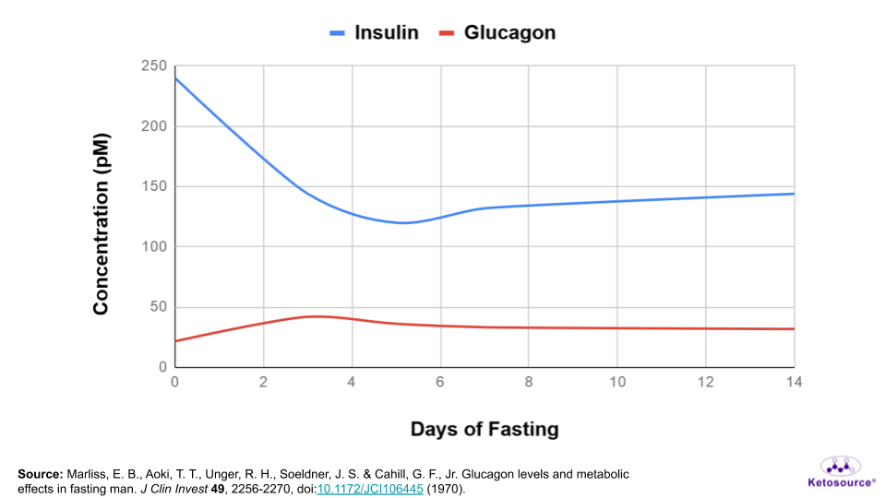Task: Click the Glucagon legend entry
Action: pos(497,33)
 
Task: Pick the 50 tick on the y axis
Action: pos(158,307)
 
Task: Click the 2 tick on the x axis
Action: pos(263,382)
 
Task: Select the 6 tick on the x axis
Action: pos(440,382)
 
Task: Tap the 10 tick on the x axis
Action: pos(617,382)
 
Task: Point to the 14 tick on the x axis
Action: pos(794,382)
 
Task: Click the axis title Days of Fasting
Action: pos(485,429)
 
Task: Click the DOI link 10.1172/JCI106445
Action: pos(370,489)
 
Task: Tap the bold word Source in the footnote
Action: pos(41,474)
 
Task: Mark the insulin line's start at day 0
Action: pos(175,78)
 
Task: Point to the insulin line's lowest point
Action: pos(403,222)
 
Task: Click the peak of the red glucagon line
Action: pos(315,316)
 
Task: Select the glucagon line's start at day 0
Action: pos(175,341)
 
